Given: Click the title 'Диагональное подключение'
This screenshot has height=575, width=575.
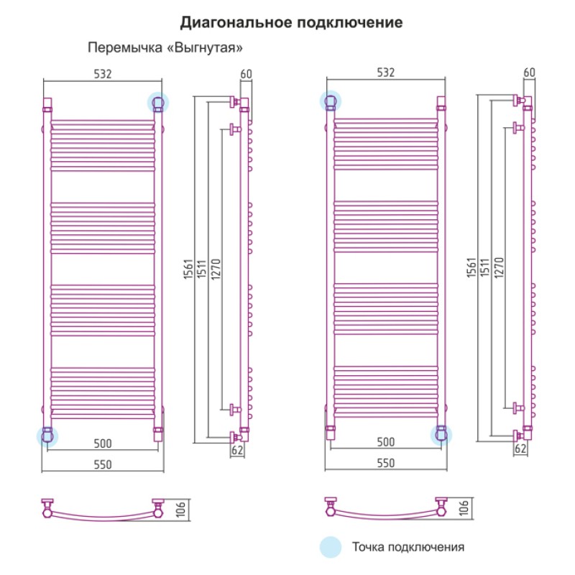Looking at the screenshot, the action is [x=291, y=23].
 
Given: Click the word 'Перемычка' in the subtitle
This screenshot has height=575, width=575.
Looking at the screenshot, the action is [x=125, y=48].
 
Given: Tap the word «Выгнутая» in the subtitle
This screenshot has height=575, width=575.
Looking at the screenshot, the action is [x=205, y=48].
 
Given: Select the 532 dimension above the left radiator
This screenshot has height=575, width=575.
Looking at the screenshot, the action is [x=102, y=74].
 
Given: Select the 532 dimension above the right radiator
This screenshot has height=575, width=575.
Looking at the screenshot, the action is [x=385, y=73].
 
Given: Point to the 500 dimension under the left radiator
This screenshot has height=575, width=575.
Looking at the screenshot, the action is [x=102, y=443].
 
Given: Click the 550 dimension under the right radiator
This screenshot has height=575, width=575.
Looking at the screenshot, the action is [x=385, y=463].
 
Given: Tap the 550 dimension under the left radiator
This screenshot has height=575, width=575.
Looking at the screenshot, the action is [x=102, y=464].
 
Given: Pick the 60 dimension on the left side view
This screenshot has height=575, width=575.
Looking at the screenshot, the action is [x=246, y=74].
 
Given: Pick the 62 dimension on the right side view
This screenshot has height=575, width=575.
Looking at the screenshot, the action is [x=520, y=448].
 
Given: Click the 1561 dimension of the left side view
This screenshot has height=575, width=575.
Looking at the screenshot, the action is [x=188, y=269].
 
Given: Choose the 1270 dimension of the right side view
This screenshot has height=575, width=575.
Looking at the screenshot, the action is [x=499, y=267].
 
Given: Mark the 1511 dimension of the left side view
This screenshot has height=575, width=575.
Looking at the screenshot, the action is [x=202, y=269].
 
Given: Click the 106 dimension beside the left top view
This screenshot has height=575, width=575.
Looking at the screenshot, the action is [x=181, y=510].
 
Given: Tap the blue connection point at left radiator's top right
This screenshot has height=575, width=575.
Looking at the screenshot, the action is [x=158, y=102].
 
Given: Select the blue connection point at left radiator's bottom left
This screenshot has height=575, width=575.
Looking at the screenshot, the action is [x=47, y=436].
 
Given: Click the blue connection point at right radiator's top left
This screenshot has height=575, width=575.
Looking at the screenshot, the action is [x=331, y=101].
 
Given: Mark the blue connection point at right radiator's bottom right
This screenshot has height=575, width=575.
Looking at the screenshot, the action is [x=441, y=435].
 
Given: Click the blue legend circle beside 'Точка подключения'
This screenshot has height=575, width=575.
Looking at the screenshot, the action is [x=331, y=547].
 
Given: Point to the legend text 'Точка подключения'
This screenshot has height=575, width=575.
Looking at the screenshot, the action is [x=408, y=547].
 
